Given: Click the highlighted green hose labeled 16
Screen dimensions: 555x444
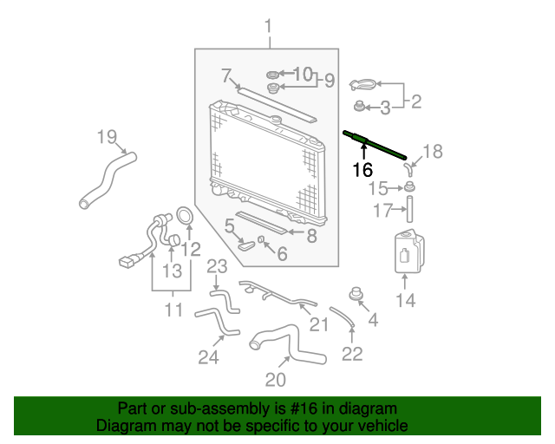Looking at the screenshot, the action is (375, 145).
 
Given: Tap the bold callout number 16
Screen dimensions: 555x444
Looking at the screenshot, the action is (362, 170).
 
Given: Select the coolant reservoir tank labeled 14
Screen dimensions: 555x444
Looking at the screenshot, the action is (409, 251).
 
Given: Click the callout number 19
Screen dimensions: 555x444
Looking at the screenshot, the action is (107, 137).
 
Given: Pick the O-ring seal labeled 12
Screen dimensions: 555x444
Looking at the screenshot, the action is (185, 216).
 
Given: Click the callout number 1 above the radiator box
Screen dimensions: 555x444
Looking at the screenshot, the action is (269, 27).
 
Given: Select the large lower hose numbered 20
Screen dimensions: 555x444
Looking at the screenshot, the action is (287, 343).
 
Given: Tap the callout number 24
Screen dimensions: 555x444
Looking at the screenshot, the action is (208, 357).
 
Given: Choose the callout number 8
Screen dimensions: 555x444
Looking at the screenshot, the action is (311, 236).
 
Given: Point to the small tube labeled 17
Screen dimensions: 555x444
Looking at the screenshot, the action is (409, 209).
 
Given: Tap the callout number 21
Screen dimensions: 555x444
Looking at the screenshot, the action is (319, 324).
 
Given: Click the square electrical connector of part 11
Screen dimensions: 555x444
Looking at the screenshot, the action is (127, 263).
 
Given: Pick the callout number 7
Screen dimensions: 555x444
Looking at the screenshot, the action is (226, 75).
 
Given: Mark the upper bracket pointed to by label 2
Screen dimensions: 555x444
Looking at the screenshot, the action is (362, 85).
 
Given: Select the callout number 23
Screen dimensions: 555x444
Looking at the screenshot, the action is (217, 266).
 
